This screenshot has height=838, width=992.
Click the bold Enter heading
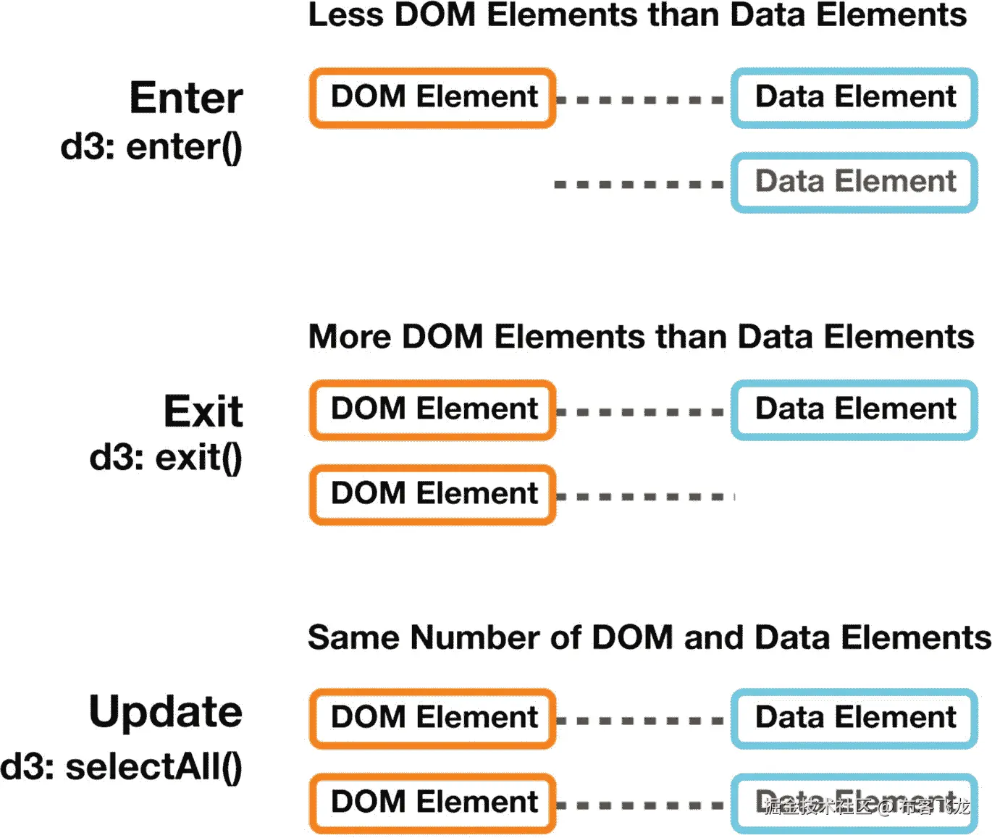186,98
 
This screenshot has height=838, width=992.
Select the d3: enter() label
151,147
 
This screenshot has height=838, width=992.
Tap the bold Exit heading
203,411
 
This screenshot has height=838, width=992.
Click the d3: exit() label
166,458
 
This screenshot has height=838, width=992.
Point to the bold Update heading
166,711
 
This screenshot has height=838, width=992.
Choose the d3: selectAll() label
122,767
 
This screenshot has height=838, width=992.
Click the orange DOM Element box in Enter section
433,98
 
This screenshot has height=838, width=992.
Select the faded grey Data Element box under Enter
854,183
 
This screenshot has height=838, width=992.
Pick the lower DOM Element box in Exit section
433,495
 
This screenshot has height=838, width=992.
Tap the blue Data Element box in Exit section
854,410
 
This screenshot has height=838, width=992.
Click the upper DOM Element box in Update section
433,718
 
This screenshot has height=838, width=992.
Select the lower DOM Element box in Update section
433,803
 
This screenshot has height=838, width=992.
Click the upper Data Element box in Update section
854,718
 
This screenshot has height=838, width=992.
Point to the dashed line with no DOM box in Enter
639,185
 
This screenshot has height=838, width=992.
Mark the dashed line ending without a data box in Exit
644,497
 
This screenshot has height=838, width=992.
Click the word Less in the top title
345,15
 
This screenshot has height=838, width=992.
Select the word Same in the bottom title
353,638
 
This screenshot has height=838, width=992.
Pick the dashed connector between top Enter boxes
640,100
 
